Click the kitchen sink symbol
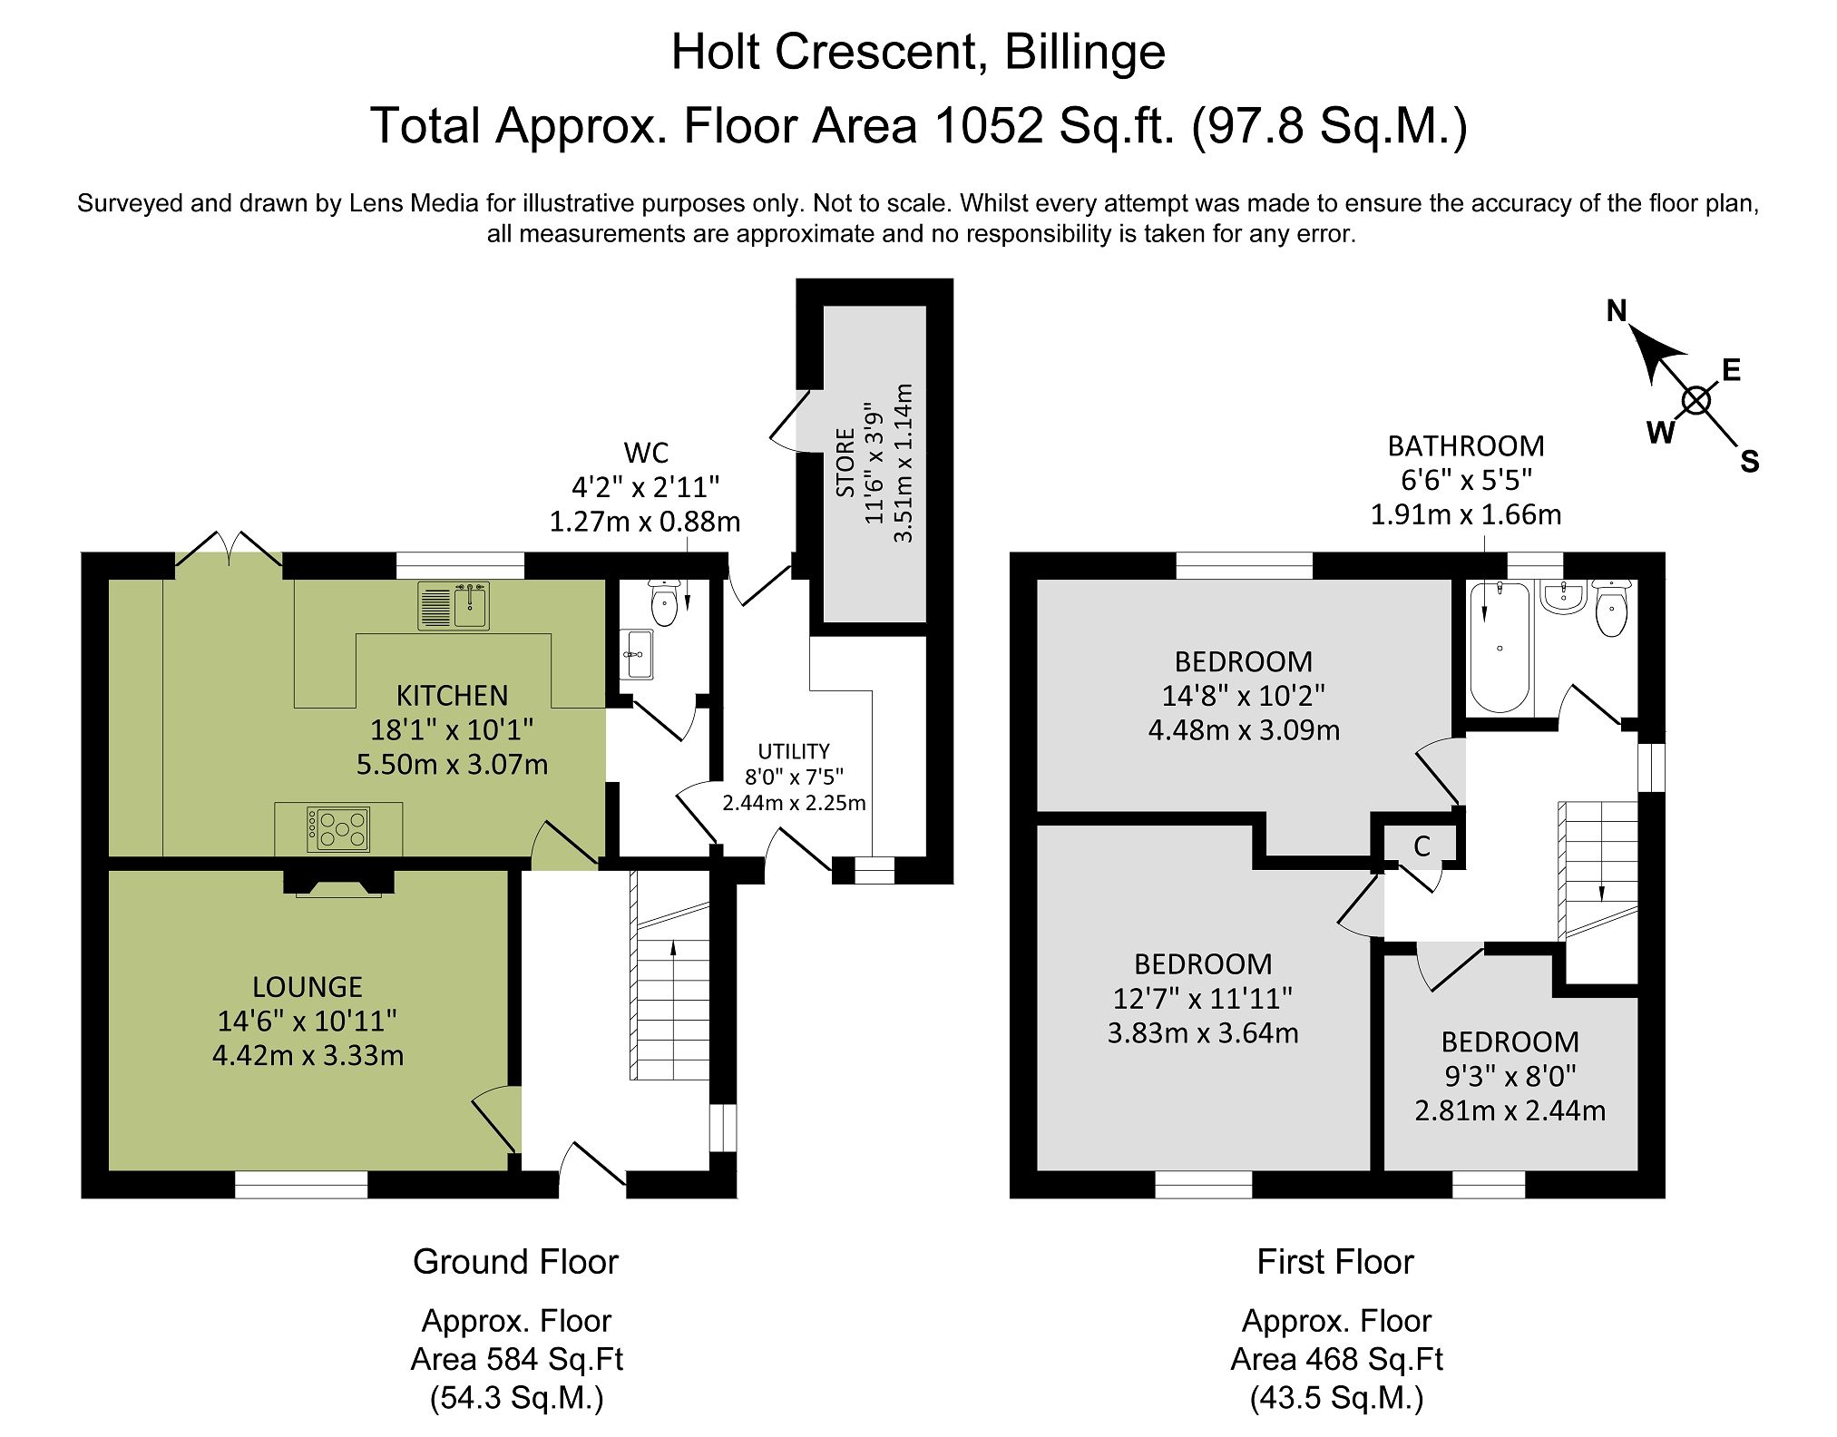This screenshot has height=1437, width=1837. pyautogui.click(x=454, y=605)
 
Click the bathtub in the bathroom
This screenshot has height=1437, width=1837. pyautogui.click(x=1499, y=646)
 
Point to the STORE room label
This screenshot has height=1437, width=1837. pyautogui.click(x=845, y=463)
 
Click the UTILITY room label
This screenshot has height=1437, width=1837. pyautogui.click(x=794, y=751)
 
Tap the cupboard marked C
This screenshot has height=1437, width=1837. pyautogui.click(x=1422, y=846)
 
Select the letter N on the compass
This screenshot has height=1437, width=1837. pyautogui.click(x=1617, y=311)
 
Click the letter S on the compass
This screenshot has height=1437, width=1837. pyautogui.click(x=1749, y=463)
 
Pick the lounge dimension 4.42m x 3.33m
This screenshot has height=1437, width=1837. pyautogui.click(x=308, y=1056)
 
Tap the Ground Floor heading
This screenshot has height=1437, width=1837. pyautogui.click(x=515, y=1262)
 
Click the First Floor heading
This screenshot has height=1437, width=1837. pyautogui.click(x=1334, y=1262)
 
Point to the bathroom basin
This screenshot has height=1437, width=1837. pyautogui.click(x=1562, y=598)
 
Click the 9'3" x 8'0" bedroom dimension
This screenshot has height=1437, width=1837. pyautogui.click(x=1510, y=1076)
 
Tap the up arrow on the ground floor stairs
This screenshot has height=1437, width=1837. pyautogui.click(x=673, y=948)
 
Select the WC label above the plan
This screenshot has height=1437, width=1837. pyautogui.click(x=646, y=453)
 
